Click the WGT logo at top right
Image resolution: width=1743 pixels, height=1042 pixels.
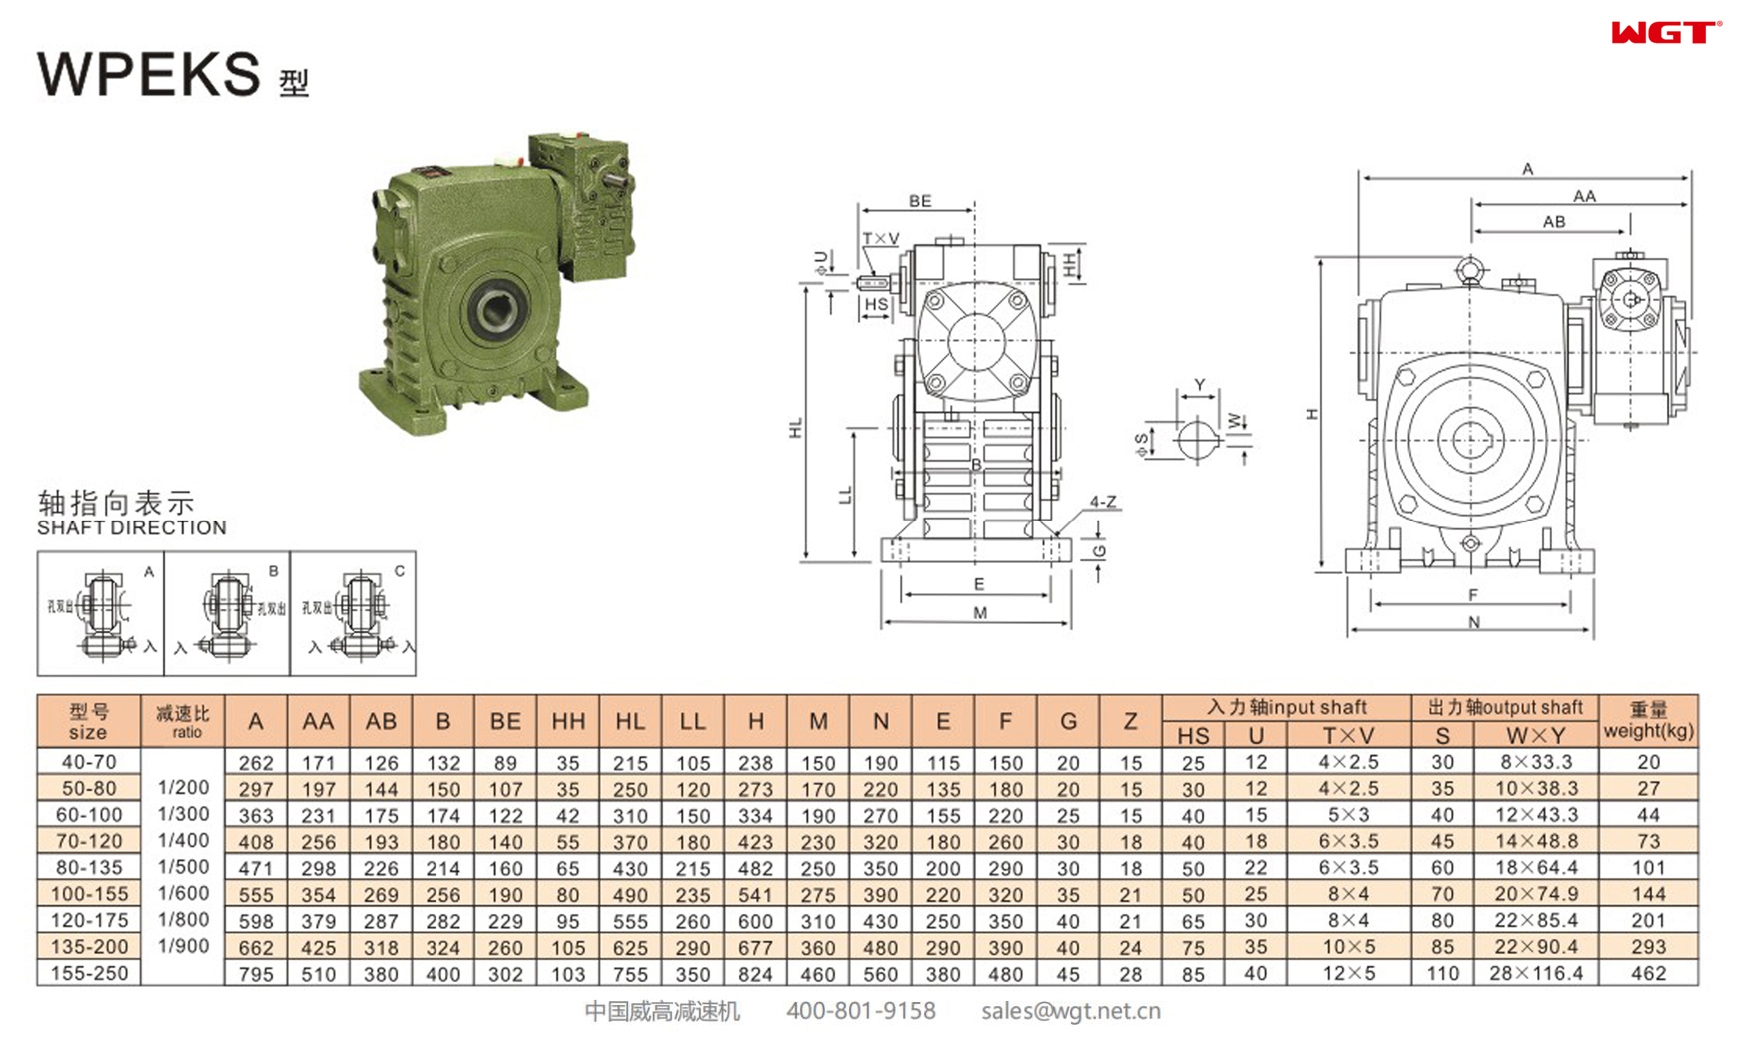[x=1664, y=33]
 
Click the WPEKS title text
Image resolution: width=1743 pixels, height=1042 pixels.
[x=150, y=75]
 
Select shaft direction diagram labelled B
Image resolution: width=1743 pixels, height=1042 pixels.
[x=228, y=613]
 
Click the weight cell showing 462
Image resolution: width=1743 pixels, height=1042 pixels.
[x=1648, y=973]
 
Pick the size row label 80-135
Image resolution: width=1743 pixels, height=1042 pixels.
[x=89, y=867]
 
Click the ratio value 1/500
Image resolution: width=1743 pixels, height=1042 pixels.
[x=183, y=867]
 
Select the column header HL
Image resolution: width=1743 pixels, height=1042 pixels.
[x=630, y=721]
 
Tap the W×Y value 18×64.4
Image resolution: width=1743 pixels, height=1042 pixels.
[x=1536, y=867]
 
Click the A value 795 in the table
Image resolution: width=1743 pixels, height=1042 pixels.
[x=256, y=973]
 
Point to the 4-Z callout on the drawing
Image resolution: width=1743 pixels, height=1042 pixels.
[x=1103, y=502]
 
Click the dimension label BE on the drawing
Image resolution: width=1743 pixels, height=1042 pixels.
[x=920, y=201]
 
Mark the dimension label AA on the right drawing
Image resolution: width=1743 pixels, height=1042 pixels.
[x=1584, y=197]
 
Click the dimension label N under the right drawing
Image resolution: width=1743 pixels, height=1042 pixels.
[x=1474, y=623]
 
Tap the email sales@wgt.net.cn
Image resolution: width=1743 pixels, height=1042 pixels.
[x=1070, y=1011]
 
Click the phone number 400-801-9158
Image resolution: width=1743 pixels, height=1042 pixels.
[x=861, y=1011]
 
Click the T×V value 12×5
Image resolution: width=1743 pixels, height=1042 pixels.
[x=1349, y=973]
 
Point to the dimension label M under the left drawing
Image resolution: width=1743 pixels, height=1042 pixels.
[x=979, y=613]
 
